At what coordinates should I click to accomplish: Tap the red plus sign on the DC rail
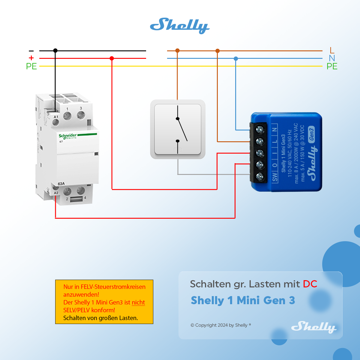tap(31, 58)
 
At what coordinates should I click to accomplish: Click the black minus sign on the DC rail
tap(31, 51)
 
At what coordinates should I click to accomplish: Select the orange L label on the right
tap(332, 50)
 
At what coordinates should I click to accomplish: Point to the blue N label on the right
tap(332, 58)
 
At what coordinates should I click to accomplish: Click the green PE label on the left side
tap(31, 66)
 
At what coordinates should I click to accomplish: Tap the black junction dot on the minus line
tap(55, 51)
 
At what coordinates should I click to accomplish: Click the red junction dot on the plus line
tap(112, 58)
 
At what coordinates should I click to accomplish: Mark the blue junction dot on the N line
tap(236, 58)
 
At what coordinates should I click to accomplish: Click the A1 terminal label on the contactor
tap(56, 117)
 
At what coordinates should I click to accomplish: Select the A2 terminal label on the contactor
tap(56, 193)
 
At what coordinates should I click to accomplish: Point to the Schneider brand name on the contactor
tap(67, 136)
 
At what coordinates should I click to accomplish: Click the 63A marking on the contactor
tap(61, 184)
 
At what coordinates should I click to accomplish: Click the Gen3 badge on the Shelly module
tap(311, 134)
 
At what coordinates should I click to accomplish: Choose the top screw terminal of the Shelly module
tap(260, 130)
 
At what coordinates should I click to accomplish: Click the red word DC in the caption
tap(310, 284)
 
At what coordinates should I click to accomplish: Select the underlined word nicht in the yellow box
tap(138, 302)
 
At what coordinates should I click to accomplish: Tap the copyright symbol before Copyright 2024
tap(192, 325)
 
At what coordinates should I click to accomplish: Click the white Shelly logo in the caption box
tap(313, 327)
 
